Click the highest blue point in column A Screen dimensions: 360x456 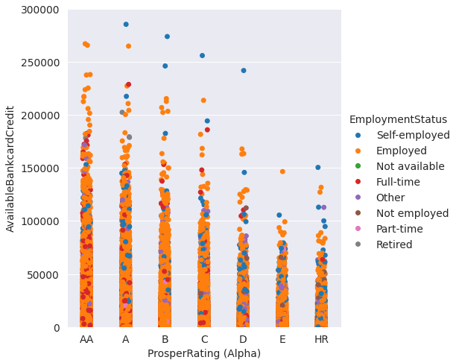click(x=126, y=25)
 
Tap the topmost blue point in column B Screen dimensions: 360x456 click(x=167, y=37)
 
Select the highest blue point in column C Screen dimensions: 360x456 click(x=202, y=56)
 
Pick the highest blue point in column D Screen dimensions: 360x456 click(x=244, y=71)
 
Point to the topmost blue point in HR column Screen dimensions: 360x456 click(x=318, y=168)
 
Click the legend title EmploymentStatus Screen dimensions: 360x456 click(x=398, y=119)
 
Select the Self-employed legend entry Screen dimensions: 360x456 click(x=413, y=135)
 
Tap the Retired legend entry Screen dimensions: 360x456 click(x=394, y=244)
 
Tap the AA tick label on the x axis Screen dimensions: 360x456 click(x=87, y=340)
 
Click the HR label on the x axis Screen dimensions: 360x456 click(x=321, y=340)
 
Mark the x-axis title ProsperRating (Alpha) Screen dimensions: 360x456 click(x=203, y=353)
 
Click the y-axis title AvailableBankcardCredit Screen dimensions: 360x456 click(x=10, y=168)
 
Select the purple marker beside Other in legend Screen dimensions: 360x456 click(x=358, y=198)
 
